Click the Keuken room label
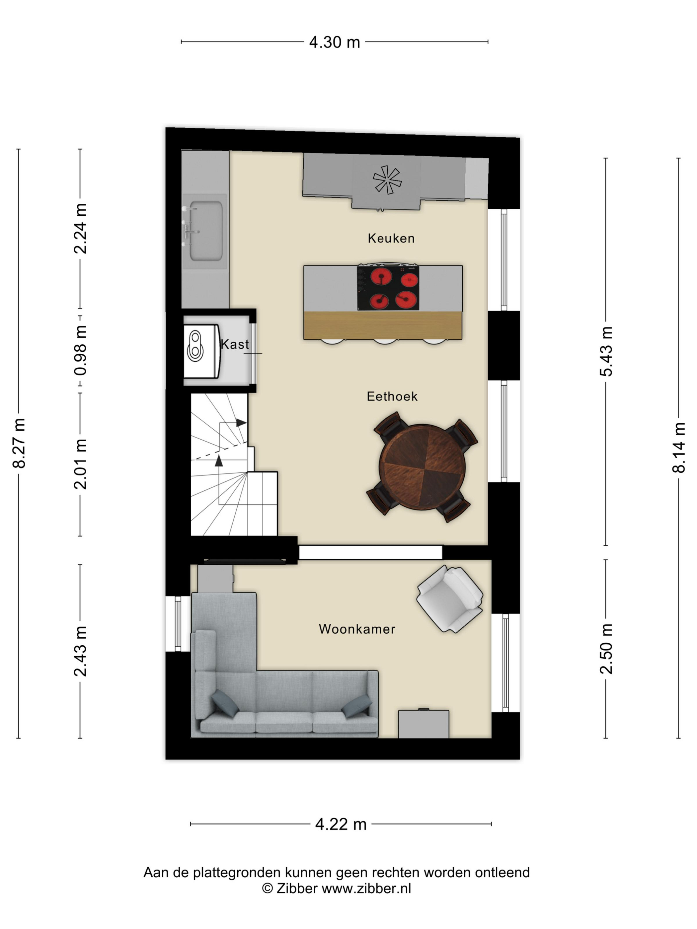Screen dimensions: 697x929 [x=391, y=238]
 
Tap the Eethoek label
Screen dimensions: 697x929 [x=392, y=396]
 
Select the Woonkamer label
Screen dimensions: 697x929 [x=357, y=629]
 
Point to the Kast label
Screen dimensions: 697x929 [x=234, y=344]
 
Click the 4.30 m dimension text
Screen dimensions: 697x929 [x=335, y=42]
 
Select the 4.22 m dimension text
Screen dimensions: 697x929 [x=341, y=824]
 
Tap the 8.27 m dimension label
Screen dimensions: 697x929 [x=19, y=443]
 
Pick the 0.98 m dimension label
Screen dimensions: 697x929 [x=80, y=350]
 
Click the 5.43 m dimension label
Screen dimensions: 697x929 [x=606, y=351]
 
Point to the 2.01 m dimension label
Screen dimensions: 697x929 [x=80, y=464]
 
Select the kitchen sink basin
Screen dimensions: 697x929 [x=206, y=231]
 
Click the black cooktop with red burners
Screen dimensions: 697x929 [x=388, y=288]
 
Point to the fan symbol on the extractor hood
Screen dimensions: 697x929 [x=387, y=180]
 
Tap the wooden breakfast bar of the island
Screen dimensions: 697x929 [x=383, y=325]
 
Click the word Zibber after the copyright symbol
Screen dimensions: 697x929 [x=297, y=888]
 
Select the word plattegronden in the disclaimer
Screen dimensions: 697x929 [x=237, y=872]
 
